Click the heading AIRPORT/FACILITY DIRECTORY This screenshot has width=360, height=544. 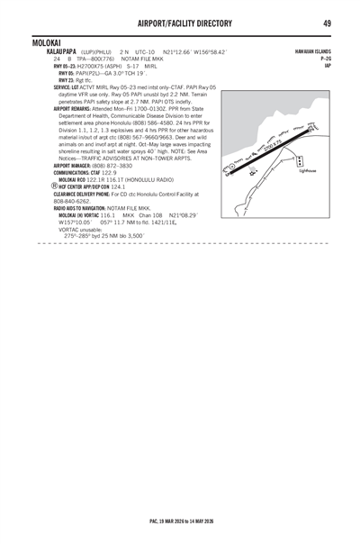click(180, 23)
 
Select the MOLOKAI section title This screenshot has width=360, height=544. click(45, 42)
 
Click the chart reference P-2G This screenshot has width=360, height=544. click(326, 59)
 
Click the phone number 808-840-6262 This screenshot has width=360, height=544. click(71, 200)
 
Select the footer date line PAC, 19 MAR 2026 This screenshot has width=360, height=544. click(180, 521)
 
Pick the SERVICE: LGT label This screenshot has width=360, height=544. click(71, 86)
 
